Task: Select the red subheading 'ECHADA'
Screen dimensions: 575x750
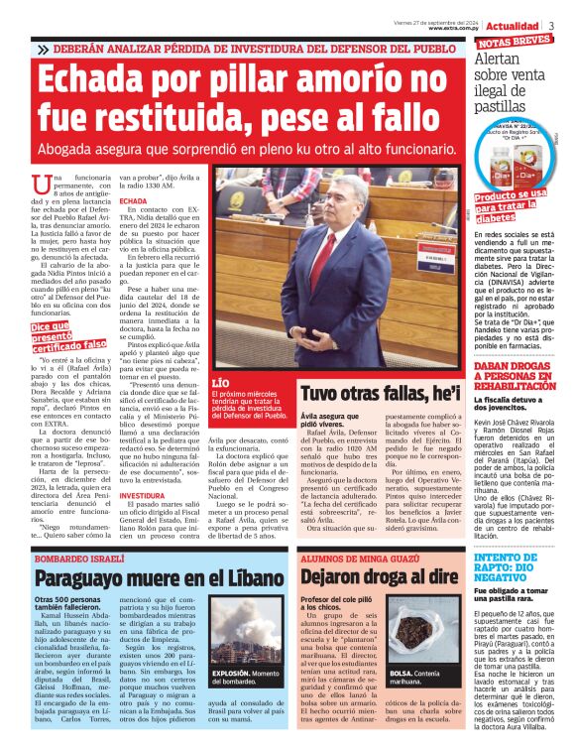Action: click(x=134, y=200)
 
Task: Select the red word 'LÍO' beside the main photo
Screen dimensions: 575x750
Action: click(x=225, y=381)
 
